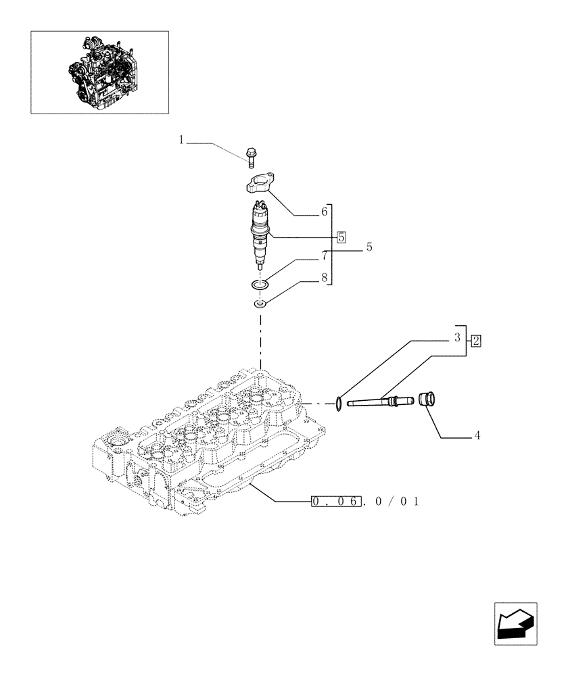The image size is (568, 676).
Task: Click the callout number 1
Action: coord(181,140)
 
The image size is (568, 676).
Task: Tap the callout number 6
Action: coord(325,212)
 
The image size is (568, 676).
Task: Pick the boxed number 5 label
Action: coord(341,237)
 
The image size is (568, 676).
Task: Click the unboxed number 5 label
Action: coord(369,247)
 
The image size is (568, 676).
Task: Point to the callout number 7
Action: coord(325,256)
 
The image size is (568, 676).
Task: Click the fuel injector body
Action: coord(260,233)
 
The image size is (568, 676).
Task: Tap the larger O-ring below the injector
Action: coord(260,285)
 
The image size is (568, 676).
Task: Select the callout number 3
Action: coord(457,336)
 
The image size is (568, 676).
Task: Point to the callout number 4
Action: coord(477,436)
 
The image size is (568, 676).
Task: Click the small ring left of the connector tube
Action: coord(337,404)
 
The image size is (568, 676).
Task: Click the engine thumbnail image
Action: coord(99,72)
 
